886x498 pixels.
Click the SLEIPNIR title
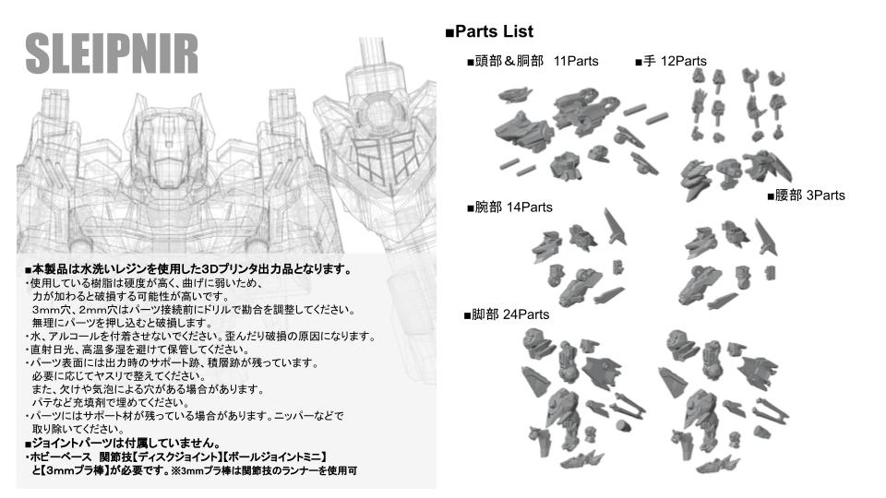tap(111, 54)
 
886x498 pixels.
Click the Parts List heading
tap(489, 32)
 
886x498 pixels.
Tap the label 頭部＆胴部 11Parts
tap(533, 62)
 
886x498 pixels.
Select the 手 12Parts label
tap(670, 62)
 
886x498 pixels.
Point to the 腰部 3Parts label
tap(806, 196)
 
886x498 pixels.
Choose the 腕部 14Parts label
tap(509, 207)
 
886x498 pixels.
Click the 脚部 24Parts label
tap(506, 314)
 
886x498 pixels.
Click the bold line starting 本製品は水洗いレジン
tap(188, 270)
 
